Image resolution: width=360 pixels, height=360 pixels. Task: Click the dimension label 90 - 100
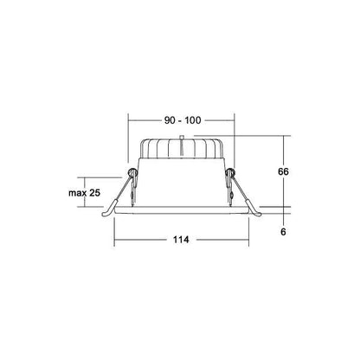pos(183,120)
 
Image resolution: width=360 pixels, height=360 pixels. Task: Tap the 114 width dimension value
pos(181,240)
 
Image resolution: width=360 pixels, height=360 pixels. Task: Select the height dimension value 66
pos(283,171)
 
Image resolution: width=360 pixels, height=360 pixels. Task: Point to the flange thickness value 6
pos(283,231)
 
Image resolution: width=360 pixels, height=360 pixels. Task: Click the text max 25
pos(84,193)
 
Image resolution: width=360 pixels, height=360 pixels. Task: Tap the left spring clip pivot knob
pos(132,172)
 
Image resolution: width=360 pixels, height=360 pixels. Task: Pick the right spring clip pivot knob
pos(230,172)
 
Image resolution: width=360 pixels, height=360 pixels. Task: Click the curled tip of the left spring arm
pos(106,213)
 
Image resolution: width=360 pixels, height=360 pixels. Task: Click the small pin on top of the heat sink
pos(182,137)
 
